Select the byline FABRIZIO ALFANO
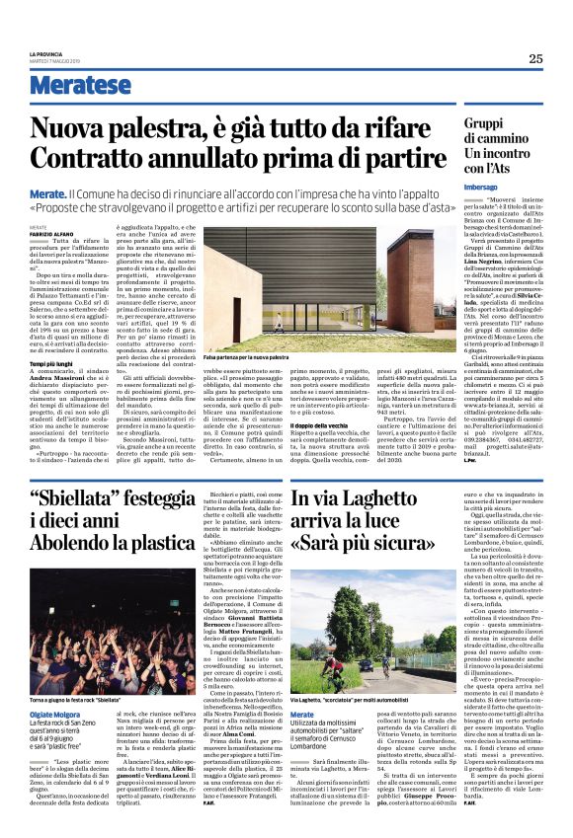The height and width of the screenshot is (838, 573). pos(50,232)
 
